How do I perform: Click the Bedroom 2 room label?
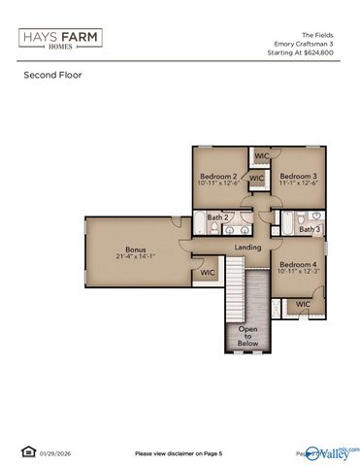pos(218,176)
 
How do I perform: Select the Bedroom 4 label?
pos(296,264)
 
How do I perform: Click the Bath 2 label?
pos(219,218)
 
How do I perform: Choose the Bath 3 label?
pos(309,229)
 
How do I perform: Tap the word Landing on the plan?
pos(248,249)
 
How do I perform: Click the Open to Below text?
pos(248,335)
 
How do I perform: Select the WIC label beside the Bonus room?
pos(207,273)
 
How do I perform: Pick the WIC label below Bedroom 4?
pos(303,304)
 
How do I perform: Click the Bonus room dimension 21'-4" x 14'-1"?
pos(135,256)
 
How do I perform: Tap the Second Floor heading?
pos(51,75)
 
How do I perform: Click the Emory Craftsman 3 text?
pos(310,43)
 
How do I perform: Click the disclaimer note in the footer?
pos(179,453)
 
